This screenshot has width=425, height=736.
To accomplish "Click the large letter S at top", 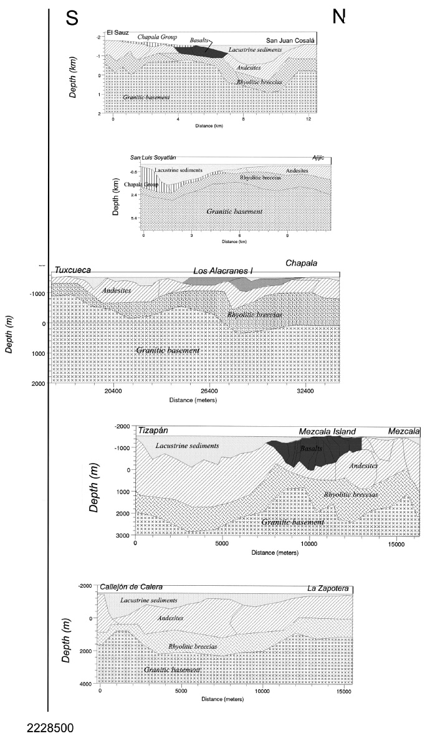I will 73,19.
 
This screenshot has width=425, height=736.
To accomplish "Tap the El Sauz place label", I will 117,32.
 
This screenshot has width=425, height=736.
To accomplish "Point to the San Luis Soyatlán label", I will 153,159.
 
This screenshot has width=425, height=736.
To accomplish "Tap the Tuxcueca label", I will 74,270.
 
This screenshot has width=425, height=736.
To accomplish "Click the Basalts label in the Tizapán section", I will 310,448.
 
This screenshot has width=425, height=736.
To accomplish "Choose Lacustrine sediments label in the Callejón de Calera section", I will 149,600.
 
